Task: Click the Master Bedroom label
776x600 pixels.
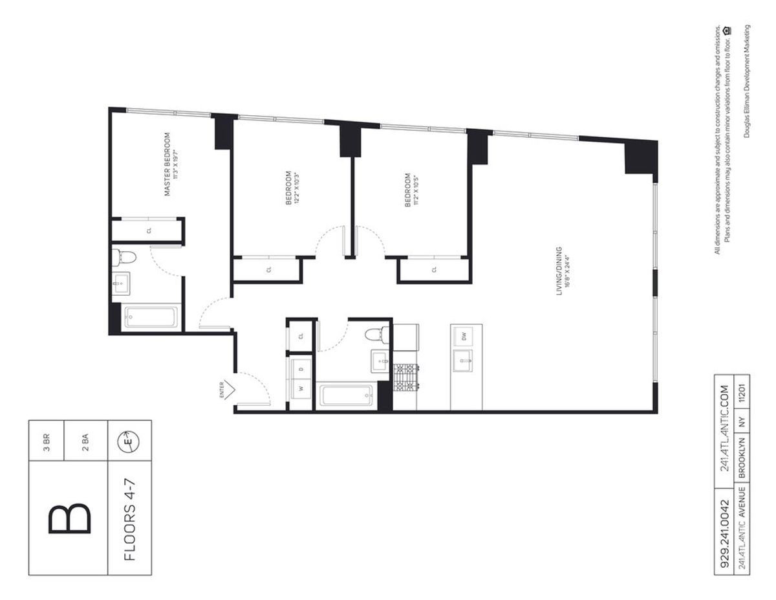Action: pos(167,164)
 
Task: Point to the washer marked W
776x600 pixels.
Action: pos(301,389)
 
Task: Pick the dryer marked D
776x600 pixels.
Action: pos(301,369)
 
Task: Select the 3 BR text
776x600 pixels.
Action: pos(46,440)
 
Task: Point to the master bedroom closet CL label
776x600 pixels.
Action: pos(149,230)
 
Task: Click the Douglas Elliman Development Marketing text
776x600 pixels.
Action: pos(747,82)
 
